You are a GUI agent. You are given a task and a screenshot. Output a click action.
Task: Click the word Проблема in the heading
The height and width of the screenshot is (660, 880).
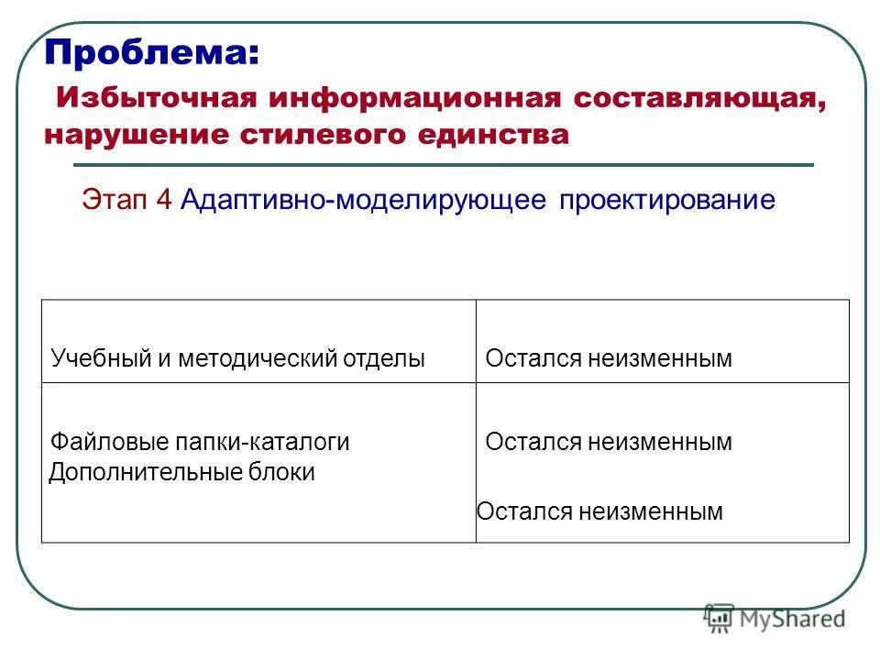click(x=152, y=52)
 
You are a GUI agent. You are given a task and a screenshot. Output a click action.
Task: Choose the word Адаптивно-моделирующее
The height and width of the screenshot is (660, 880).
click(x=363, y=200)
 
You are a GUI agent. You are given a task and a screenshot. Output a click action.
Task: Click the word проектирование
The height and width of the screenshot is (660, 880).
click(x=667, y=200)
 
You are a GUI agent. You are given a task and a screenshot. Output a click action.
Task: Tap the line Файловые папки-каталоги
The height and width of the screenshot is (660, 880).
click(x=200, y=442)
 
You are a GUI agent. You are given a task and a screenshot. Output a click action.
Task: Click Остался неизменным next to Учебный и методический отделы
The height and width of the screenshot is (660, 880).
click(x=609, y=359)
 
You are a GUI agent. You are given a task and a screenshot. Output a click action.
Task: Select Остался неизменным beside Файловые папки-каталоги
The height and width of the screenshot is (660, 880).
click(x=609, y=442)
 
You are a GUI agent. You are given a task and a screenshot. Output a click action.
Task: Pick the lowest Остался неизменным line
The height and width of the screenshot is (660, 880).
click(x=600, y=511)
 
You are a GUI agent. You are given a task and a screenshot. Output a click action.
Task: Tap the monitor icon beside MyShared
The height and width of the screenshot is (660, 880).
click(x=720, y=619)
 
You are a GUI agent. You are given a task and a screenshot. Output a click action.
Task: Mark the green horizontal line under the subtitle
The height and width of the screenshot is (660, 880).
click(x=443, y=165)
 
